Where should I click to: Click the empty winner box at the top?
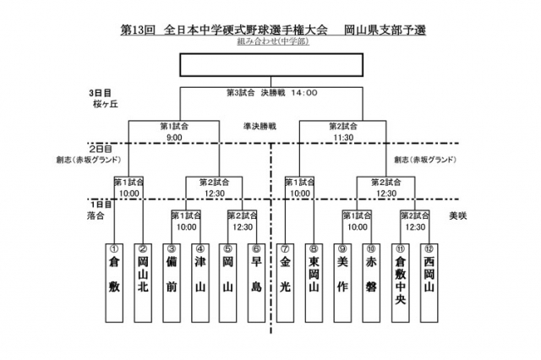click(x=271, y=64)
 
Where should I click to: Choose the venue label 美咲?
click(x=457, y=216)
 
